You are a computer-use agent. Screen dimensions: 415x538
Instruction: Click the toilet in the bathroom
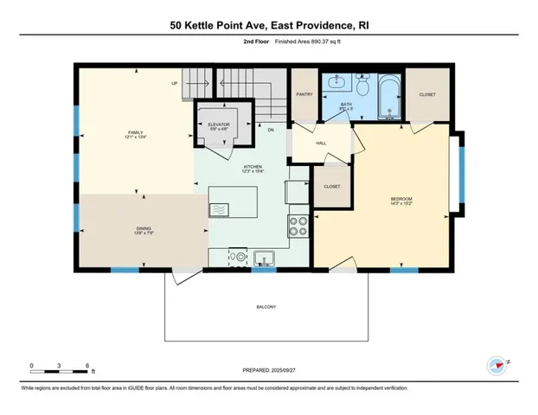pos(363,87)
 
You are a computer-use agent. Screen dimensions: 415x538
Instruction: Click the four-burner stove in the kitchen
pos(298,227)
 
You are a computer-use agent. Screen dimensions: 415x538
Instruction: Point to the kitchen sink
pos(262,258)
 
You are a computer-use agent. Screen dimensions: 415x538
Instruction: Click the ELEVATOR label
pos(219,124)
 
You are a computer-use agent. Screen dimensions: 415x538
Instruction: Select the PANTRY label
pos(304,93)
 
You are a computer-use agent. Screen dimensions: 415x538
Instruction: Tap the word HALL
pos(320,144)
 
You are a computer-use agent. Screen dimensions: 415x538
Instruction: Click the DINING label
pos(131,230)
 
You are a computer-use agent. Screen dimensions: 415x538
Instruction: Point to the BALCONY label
pos(266,308)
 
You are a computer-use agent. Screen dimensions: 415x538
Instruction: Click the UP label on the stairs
pos(175,83)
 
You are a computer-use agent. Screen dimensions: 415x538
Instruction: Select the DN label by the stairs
pos(271,130)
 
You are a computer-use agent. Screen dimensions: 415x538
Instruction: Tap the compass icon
pos(496,367)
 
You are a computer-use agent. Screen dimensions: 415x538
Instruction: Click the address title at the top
pos(268,26)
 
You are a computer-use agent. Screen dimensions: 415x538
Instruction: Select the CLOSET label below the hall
pos(331,187)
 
